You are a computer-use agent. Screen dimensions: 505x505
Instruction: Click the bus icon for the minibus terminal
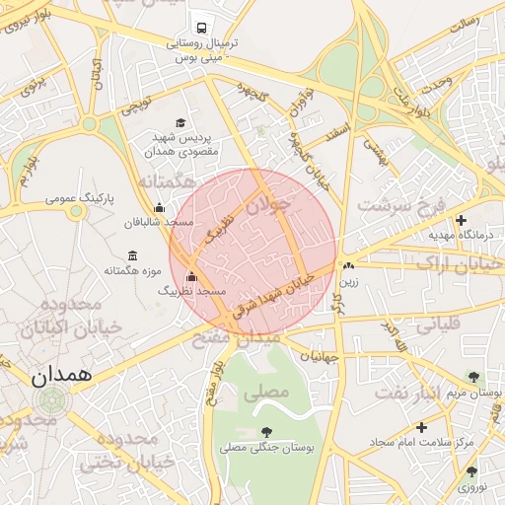click(x=201, y=28)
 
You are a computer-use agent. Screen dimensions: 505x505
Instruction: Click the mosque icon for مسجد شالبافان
click(x=160, y=207)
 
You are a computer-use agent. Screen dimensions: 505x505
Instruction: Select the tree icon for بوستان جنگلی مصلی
click(x=266, y=431)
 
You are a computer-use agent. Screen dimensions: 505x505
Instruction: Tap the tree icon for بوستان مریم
click(x=472, y=376)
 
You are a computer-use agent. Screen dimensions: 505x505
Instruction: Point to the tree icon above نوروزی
click(x=471, y=471)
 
